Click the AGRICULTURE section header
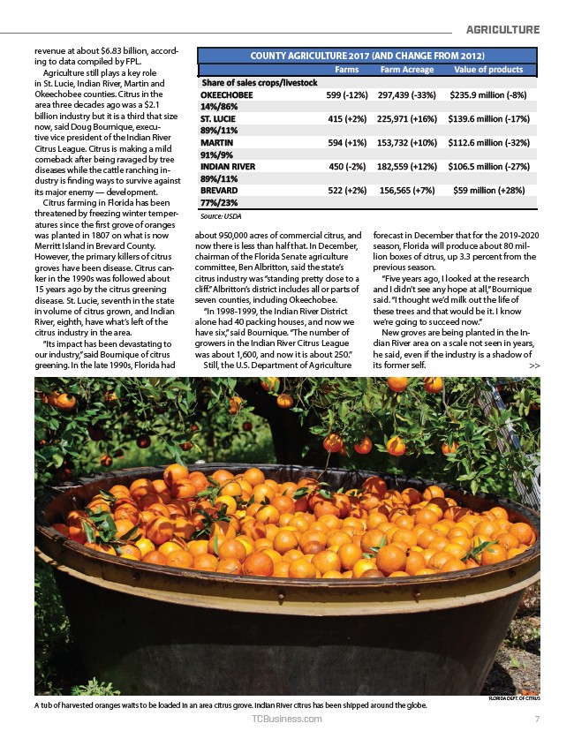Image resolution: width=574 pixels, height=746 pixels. point(502,29)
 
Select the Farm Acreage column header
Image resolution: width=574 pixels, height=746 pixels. point(406,70)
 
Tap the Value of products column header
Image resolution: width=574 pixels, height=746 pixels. point(487,70)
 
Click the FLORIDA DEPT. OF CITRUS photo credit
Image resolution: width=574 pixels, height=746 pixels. point(513,699)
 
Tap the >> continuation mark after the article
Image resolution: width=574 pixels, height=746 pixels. point(533,365)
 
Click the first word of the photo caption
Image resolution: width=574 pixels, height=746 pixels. point(37,706)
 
